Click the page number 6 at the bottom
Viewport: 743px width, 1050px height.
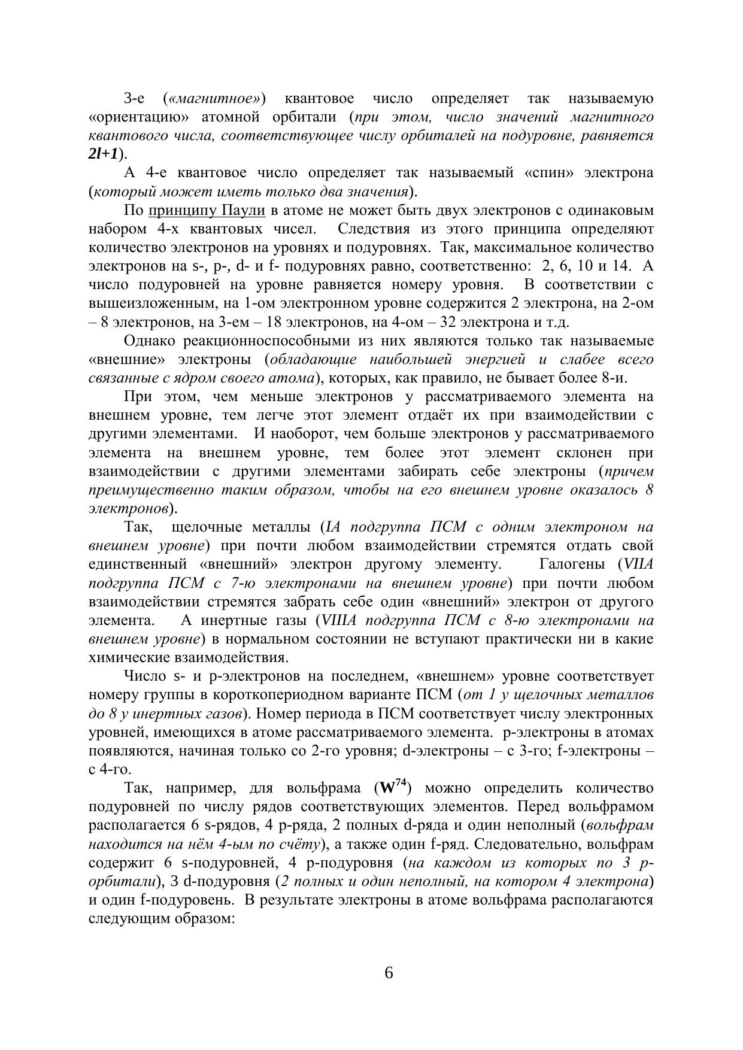point(389,973)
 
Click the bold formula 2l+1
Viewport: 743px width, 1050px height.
point(103,154)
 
